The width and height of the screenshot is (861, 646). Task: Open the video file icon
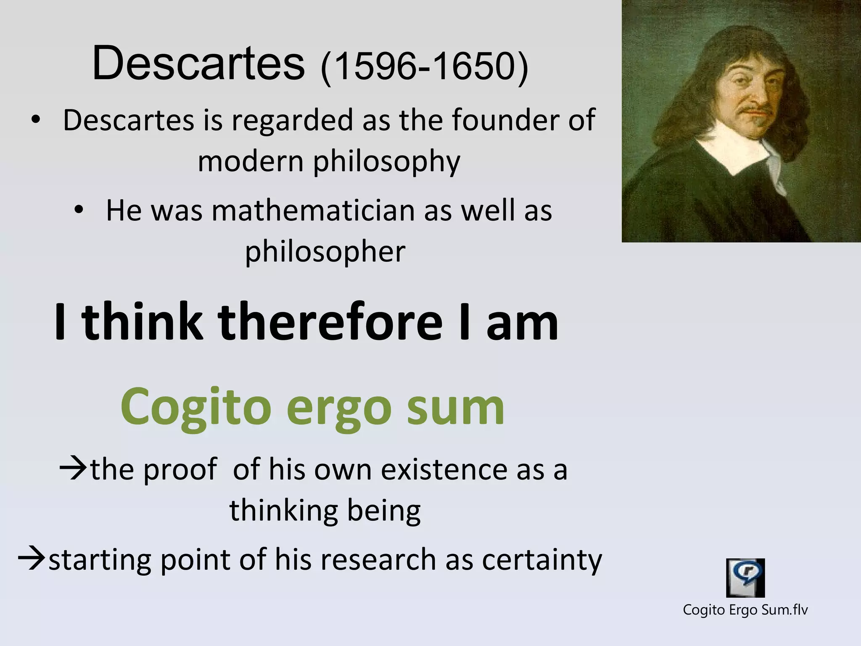pyautogui.click(x=745, y=577)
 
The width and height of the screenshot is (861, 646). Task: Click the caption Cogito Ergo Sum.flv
pyautogui.click(x=745, y=609)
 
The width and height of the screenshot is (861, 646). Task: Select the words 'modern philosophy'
pyautogui.click(x=329, y=161)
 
